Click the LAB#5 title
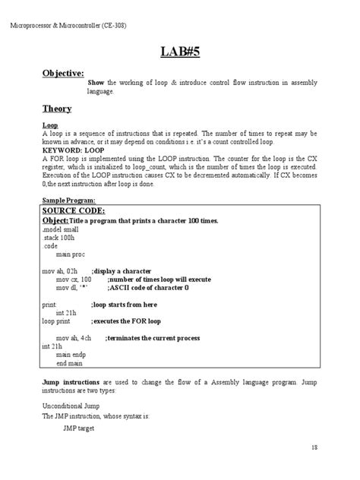[179, 52]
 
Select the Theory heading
[57, 108]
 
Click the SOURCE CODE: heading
[74, 210]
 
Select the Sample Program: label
[68, 199]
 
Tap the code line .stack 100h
[59, 237]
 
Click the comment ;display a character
[122, 270]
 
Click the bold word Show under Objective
[96, 82]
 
